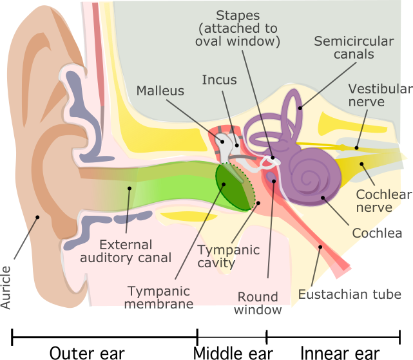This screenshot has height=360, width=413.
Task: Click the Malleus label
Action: coord(160,91)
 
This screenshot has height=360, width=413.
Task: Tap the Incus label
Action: coord(219,80)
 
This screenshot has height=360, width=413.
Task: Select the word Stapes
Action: coord(237,15)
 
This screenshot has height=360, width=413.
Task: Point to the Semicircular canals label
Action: coord(354,48)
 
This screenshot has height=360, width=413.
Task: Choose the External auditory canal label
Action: coord(135,251)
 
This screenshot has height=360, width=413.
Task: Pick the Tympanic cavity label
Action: coord(228,256)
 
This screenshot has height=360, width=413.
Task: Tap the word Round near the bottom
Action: coord(258,297)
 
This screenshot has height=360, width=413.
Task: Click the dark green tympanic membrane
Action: coord(232,187)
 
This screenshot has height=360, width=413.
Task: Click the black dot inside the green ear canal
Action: coord(129,189)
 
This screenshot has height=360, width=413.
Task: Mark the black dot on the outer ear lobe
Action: coord(37,217)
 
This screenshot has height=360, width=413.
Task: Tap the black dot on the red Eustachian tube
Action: coord(320,247)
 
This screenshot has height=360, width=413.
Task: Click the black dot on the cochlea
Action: coord(322,198)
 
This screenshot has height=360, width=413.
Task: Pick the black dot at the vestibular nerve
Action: coord(356,147)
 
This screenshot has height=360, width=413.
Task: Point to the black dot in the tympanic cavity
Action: coord(258,204)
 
